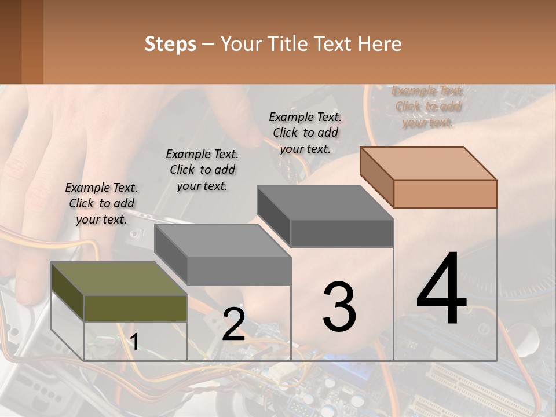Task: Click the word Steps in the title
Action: coord(170,44)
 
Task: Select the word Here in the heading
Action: coord(379,44)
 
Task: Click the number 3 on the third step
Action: coord(339,307)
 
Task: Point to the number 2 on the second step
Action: coord(233,324)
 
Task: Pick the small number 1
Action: coord(134,342)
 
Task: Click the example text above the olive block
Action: coord(101,203)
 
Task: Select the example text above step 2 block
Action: coord(202,170)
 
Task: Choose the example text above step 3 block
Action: coord(305,133)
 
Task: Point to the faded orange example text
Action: coord(428,107)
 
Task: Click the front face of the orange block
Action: coord(445,193)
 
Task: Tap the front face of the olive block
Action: coord(136,308)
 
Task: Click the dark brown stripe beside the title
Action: coord(10,42)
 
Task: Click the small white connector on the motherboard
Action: coord(282,373)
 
